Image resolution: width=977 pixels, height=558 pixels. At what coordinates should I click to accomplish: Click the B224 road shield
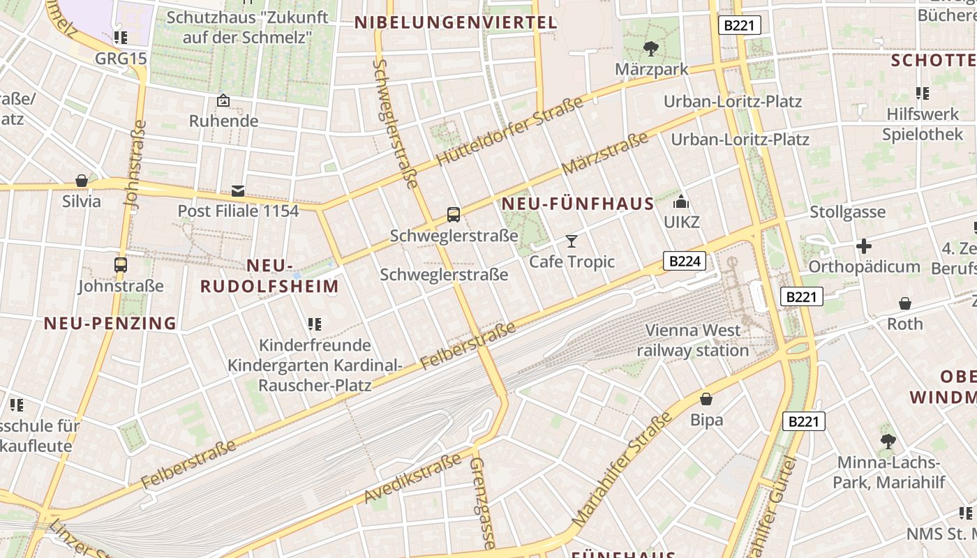(685, 262)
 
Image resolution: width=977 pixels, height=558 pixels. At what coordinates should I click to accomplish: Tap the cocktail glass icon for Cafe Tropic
(572, 241)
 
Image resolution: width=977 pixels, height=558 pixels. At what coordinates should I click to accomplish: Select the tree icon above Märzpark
(651, 48)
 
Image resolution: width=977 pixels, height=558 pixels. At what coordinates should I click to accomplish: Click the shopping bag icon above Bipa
(706, 399)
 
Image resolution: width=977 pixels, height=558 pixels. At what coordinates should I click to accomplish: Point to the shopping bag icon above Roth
(905, 303)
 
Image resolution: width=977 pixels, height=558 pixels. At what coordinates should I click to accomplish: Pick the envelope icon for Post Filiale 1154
(238, 190)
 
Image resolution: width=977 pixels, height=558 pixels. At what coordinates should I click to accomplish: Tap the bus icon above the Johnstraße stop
(121, 265)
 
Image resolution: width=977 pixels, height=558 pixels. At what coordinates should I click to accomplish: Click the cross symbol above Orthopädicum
(864, 246)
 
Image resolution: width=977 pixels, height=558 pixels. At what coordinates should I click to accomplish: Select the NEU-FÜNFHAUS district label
(578, 204)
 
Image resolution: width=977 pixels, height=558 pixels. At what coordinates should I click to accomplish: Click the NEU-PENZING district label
(110, 323)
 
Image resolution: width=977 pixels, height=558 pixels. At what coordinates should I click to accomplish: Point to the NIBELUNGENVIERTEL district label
(456, 22)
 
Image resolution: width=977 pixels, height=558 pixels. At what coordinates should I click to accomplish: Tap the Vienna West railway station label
(693, 340)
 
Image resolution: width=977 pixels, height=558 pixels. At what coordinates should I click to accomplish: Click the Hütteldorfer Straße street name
(509, 132)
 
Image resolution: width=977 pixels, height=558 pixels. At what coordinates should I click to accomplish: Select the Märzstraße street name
(604, 154)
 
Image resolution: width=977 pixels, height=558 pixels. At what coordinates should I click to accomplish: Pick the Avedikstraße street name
(412, 478)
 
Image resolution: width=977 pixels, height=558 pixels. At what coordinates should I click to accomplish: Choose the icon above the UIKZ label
(680, 203)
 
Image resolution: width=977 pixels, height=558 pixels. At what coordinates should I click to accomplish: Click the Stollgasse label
(847, 212)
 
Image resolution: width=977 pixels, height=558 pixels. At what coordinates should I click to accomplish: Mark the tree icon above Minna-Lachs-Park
(888, 441)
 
